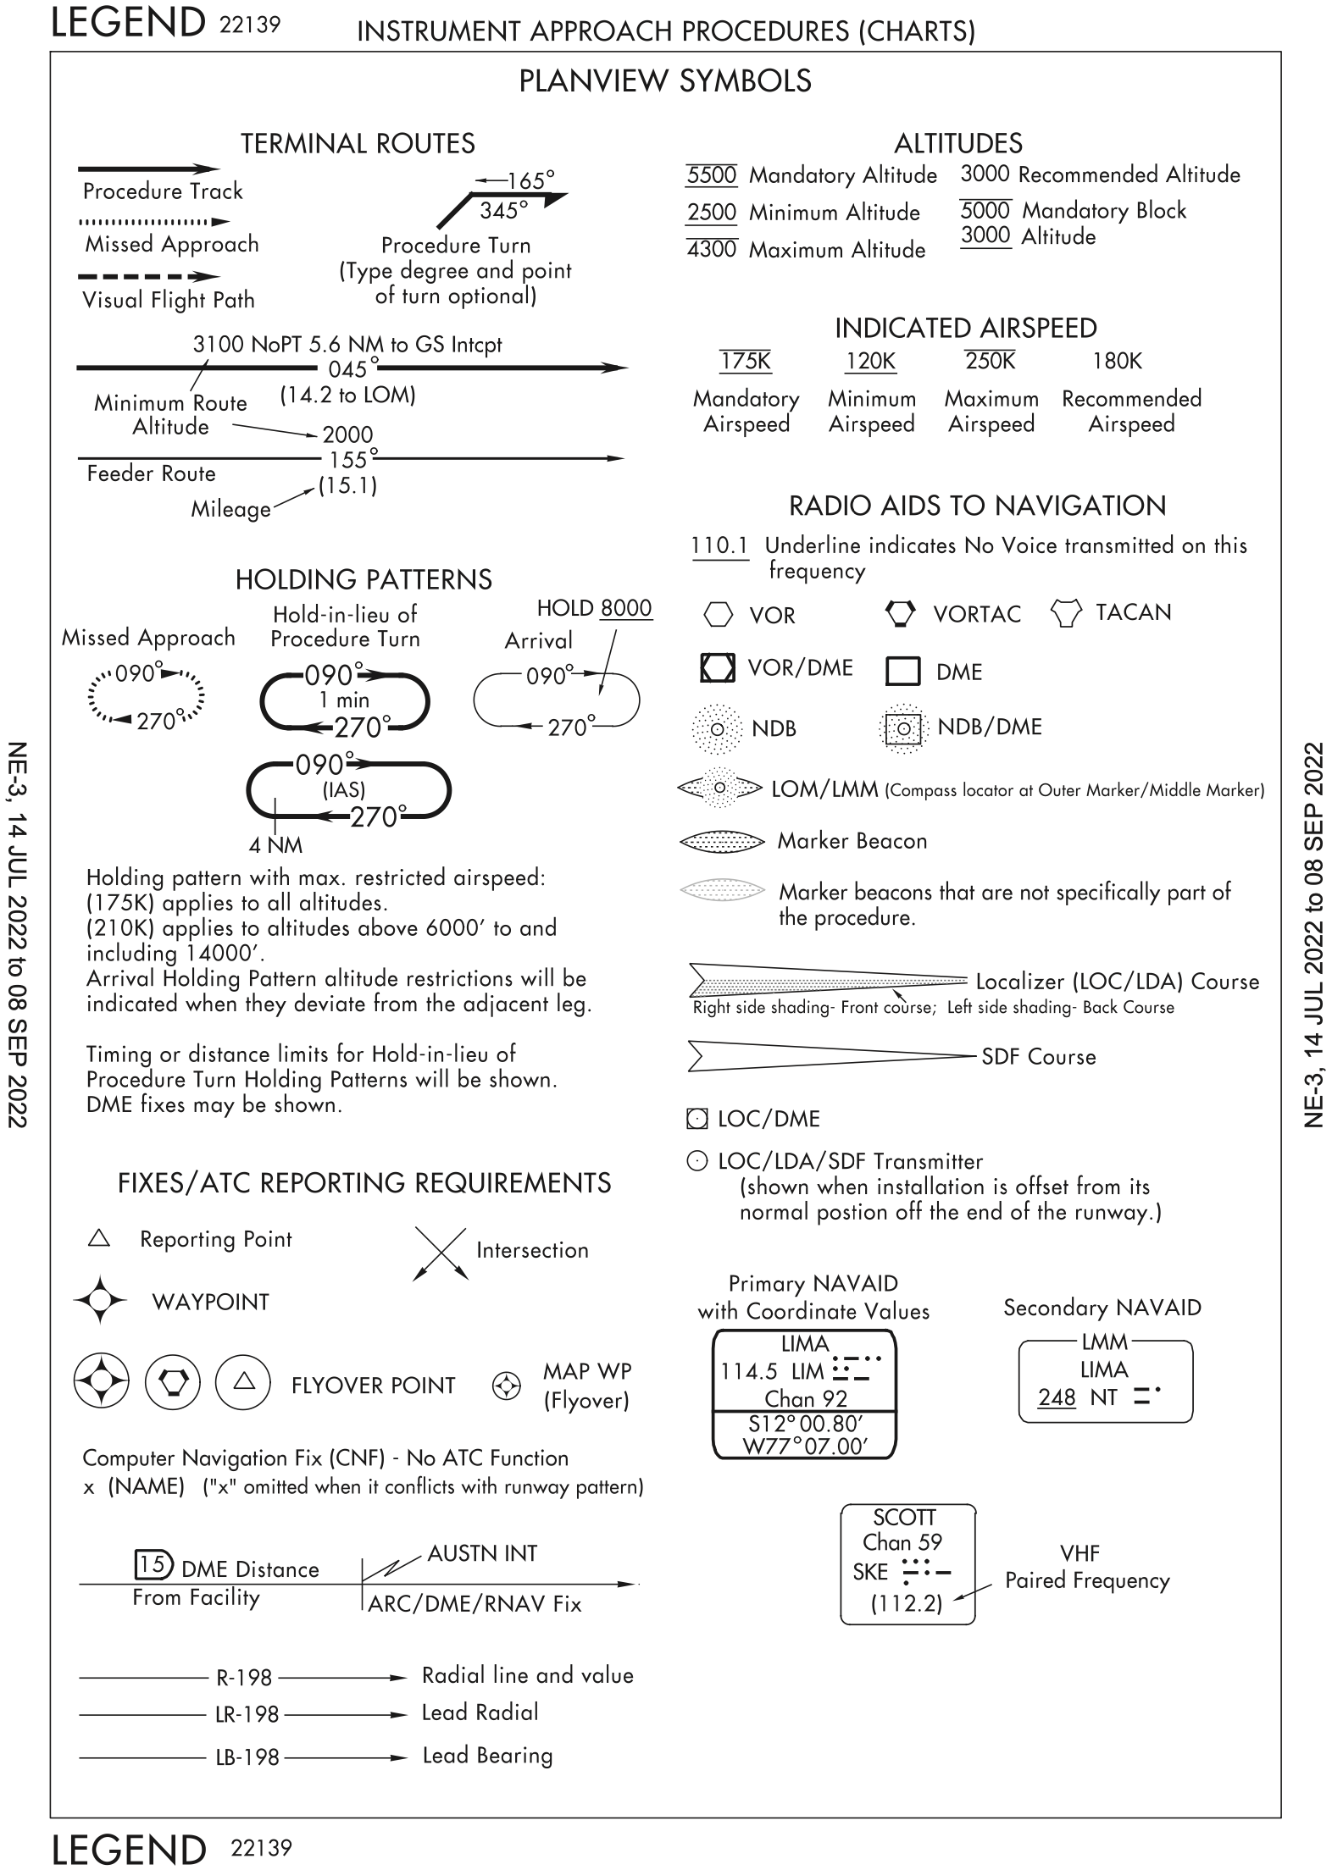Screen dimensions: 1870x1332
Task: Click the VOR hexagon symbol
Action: (718, 615)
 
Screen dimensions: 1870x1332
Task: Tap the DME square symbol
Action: (902, 671)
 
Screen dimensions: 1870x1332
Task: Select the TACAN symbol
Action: (1066, 612)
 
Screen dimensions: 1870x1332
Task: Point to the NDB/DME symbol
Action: (903, 728)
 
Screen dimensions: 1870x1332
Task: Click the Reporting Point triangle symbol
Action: (99, 1239)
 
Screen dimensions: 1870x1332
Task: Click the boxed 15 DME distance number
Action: (153, 1564)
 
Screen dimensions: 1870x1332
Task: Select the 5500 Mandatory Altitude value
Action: (711, 175)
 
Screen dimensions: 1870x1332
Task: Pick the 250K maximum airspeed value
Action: (990, 362)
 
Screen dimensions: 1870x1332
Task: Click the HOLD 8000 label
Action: (594, 608)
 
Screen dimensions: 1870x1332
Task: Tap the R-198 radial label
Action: (243, 1677)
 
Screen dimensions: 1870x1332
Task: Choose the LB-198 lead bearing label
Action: (247, 1757)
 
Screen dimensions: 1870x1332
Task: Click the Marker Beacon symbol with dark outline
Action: (716, 842)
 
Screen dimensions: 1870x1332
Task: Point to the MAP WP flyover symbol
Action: (506, 1386)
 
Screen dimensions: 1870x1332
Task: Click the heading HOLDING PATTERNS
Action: (364, 579)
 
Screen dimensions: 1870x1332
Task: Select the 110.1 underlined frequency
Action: (719, 546)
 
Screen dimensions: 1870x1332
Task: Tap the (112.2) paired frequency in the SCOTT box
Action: (907, 1603)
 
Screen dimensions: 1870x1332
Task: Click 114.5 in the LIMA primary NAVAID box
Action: (749, 1371)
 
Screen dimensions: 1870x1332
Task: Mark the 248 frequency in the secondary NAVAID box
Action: (1057, 1397)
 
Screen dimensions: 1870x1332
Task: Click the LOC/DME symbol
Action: (697, 1119)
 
